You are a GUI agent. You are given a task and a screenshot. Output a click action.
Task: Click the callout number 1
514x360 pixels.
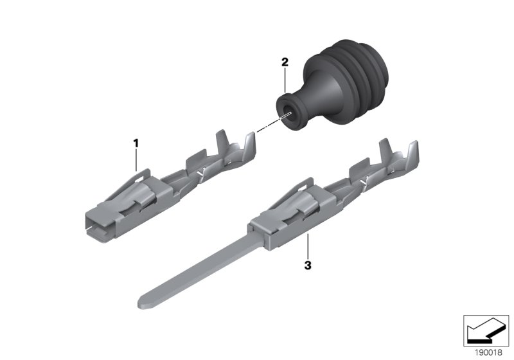pos(136,143)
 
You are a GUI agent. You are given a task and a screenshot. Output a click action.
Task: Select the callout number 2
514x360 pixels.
pos(285,62)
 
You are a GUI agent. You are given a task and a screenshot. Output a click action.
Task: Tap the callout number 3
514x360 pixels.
pos(308,265)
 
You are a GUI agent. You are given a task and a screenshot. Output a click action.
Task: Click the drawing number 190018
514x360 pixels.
pos(489,353)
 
